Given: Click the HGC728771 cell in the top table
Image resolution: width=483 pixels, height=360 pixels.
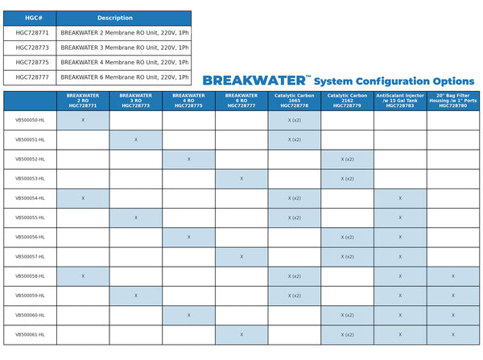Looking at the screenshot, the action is point(32,33).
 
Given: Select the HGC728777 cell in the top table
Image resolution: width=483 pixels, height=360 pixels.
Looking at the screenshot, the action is point(32,77).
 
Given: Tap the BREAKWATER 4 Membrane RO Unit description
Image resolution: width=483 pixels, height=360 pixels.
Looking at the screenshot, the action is point(124,62).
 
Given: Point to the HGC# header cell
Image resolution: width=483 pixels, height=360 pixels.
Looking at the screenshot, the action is point(32,18).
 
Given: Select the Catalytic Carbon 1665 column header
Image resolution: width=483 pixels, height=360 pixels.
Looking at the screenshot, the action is point(294,100).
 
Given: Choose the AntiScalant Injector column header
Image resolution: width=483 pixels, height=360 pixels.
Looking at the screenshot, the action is point(400,100).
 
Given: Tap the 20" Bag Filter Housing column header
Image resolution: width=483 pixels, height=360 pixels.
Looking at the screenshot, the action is point(453,100).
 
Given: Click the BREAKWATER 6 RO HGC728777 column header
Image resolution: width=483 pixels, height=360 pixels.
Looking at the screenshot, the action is point(242,100).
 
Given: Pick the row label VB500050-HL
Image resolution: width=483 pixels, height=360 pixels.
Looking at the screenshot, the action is point(30,120).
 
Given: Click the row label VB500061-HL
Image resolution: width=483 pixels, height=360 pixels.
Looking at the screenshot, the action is point(30,334).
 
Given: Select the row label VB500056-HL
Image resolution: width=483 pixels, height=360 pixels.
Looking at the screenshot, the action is point(30,237).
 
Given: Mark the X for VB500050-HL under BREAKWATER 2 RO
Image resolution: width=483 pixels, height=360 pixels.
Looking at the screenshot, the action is point(83,120).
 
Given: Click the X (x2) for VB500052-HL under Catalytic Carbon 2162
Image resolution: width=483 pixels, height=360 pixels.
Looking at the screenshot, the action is point(347,159).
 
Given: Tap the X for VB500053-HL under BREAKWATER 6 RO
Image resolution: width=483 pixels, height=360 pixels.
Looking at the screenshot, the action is point(242,178).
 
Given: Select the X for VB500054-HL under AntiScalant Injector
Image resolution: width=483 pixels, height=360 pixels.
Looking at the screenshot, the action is point(400,198).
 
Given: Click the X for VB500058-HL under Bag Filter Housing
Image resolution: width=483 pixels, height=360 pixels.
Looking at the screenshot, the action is point(453,276).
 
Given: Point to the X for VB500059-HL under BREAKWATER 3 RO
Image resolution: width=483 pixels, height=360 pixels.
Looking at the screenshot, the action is point(136,296).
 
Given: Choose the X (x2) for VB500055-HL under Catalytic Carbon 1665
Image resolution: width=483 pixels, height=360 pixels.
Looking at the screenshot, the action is point(294,217).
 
